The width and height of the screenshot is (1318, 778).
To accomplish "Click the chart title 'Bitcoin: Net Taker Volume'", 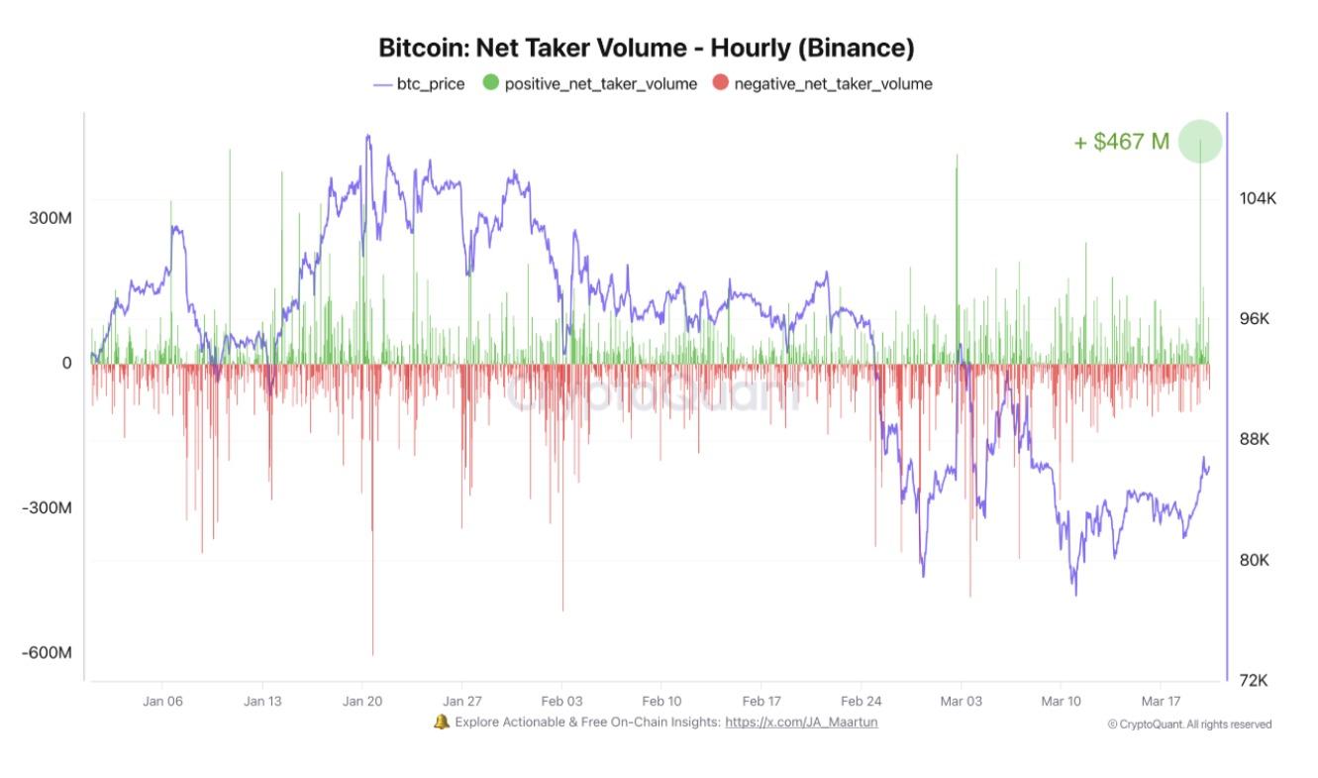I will coord(646,48).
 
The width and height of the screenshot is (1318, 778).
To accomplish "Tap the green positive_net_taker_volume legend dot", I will coord(491,83).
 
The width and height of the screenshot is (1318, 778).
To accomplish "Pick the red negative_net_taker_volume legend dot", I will coord(720,83).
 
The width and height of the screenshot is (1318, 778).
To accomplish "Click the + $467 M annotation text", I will coord(1121,142).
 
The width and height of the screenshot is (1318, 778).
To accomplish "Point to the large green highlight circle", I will coord(1200,142).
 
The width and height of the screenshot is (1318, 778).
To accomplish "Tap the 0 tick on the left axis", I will coord(67,363).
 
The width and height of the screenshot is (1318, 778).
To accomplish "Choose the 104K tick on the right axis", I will coord(1258,198).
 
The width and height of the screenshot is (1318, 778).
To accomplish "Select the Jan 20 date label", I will coord(362,701).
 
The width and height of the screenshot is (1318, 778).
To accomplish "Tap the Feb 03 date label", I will coord(560,701).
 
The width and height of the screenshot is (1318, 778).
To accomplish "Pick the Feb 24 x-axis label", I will coord(861,701).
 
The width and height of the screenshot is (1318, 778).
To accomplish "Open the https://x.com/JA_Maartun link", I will coord(801,722).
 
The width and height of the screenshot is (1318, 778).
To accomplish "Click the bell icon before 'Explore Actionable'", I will coord(442,722).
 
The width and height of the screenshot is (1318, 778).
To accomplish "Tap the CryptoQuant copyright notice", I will coord(1189,724).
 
